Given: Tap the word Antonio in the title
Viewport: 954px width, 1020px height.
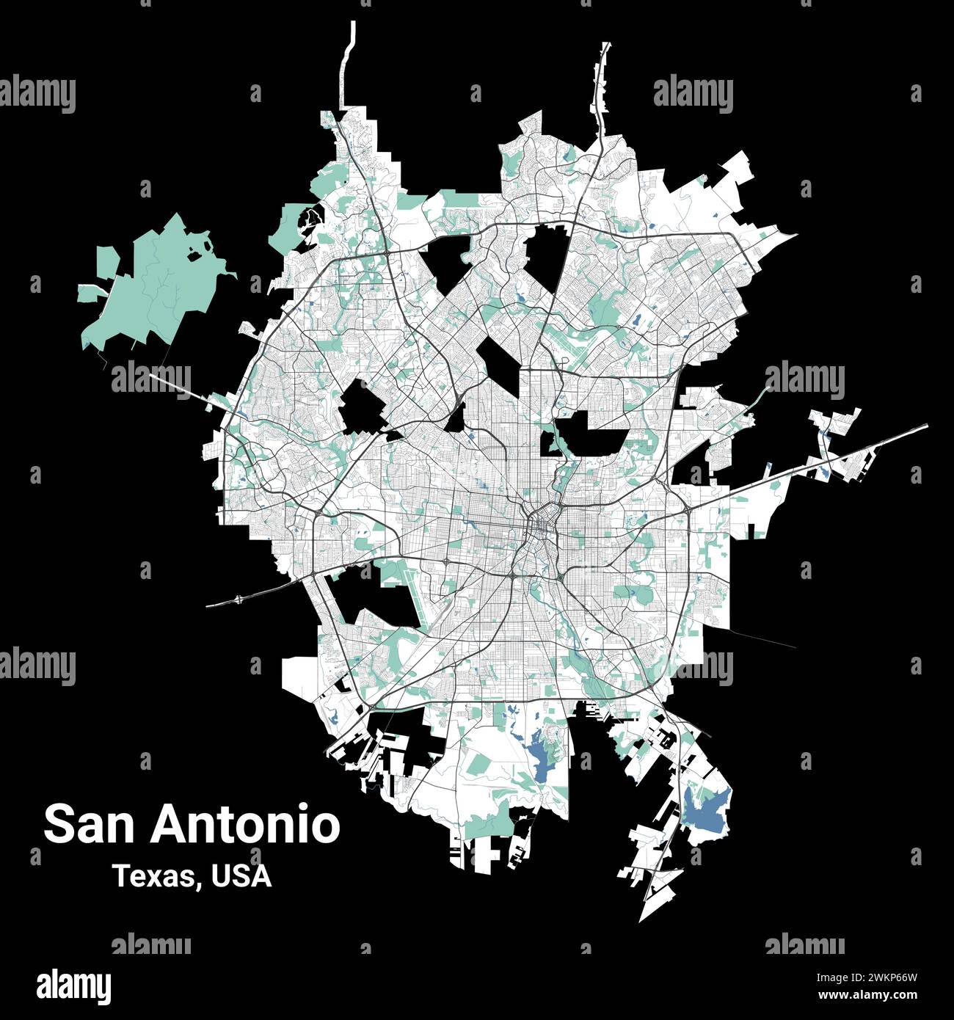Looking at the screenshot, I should point(246,825).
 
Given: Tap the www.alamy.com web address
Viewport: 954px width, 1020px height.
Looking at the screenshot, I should point(868,995).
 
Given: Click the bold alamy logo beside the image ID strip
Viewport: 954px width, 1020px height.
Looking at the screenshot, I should point(74,986).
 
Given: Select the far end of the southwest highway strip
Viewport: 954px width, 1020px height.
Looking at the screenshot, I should point(210,606).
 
